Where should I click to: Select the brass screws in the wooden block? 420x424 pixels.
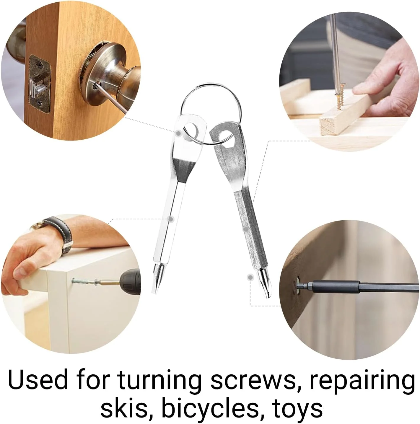pos(340,97)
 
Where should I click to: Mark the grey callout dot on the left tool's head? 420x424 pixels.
pos(178,133)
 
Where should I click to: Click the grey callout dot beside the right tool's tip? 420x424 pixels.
pos(250,277)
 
